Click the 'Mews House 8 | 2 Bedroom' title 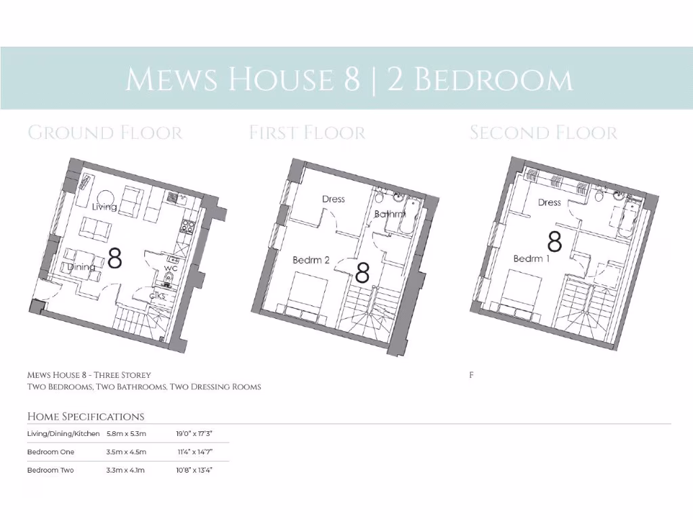(349, 79)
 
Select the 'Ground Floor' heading (105, 132)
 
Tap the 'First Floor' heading (307, 132)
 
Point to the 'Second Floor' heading (543, 132)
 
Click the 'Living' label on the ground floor (105, 207)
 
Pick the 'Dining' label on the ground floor (81, 267)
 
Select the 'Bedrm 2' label (311, 260)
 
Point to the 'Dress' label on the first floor (333, 199)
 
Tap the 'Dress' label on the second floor (549, 202)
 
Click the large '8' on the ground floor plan (115, 258)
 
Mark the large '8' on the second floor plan (555, 240)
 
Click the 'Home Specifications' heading (85, 416)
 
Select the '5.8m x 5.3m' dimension (127, 433)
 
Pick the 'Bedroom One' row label (51, 452)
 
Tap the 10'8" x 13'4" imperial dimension (195, 470)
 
